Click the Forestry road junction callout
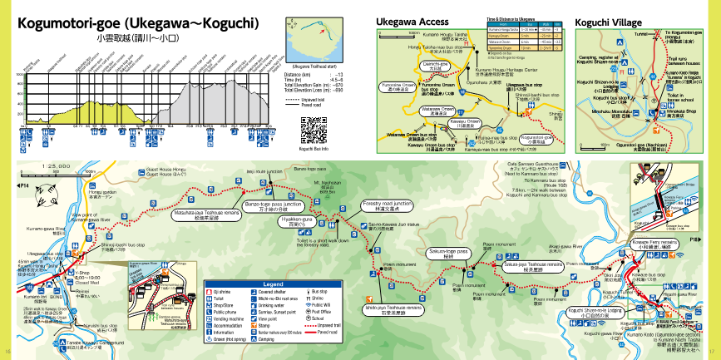[x=388, y=205]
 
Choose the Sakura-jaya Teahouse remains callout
[x=533, y=265]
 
